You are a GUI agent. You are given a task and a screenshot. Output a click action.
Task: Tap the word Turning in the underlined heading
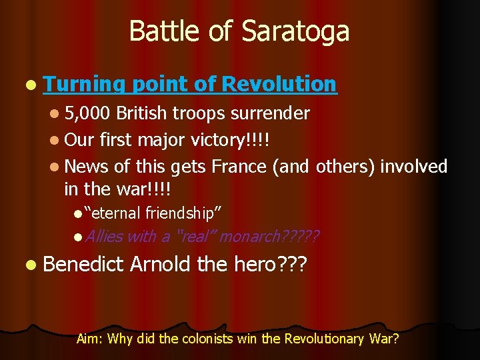(85, 84)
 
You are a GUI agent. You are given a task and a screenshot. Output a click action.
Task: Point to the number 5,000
(89, 113)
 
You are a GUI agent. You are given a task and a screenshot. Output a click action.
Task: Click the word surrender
(270, 113)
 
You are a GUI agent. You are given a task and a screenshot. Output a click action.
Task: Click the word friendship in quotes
(183, 213)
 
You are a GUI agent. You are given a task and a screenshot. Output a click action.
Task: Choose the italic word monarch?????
(269, 237)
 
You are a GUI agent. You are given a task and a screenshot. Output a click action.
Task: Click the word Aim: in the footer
(90, 339)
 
